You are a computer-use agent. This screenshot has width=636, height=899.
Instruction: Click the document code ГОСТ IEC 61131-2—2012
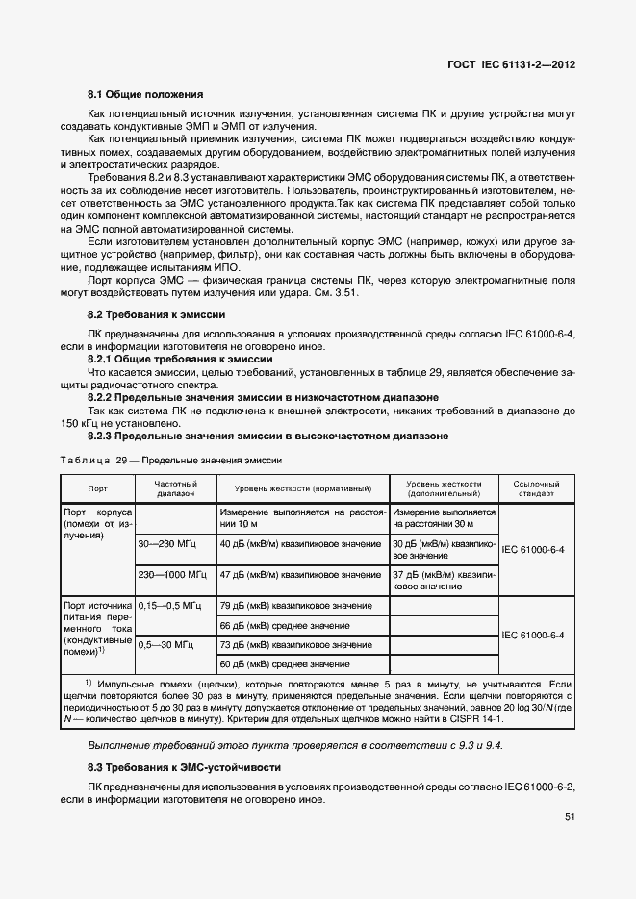(511, 65)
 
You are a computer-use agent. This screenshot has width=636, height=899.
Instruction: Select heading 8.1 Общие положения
(144, 94)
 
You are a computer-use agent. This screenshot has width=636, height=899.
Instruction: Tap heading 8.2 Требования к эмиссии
(156, 314)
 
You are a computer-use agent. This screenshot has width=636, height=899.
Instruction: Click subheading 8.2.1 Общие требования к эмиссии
(180, 358)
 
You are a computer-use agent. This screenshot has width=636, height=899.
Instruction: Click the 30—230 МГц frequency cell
(167, 543)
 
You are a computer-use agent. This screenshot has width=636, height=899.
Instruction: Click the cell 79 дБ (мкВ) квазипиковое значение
(295, 606)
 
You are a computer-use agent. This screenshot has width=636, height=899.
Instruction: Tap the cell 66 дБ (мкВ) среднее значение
(284, 626)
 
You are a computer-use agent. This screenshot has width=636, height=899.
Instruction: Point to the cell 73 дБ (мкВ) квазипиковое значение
(295, 644)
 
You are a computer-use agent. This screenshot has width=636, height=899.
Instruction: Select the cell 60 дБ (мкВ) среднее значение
(284, 664)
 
